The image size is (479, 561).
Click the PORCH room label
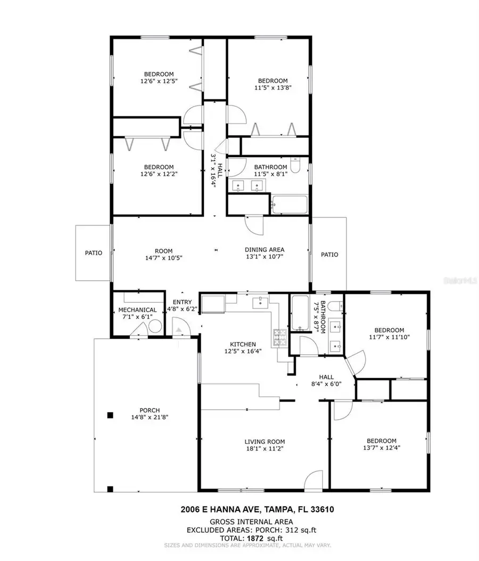(150, 410)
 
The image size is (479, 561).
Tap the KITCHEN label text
(243, 344)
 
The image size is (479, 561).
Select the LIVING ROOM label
(265, 442)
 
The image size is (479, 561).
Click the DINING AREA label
(265, 249)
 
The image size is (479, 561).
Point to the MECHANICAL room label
(137, 310)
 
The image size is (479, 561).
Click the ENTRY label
(182, 302)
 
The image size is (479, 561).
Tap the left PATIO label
(93, 253)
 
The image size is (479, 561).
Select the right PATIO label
(329, 255)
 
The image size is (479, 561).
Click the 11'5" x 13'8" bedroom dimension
(272, 88)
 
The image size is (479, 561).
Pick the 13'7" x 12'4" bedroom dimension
(382, 448)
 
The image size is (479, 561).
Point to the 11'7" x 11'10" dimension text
(389, 337)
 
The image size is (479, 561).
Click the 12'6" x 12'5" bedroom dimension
(159, 81)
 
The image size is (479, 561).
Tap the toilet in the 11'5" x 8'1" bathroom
(295, 165)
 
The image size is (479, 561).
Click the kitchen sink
(260, 303)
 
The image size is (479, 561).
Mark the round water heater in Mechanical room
(155, 326)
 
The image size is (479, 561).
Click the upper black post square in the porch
(110, 416)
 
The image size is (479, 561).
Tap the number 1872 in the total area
(255, 538)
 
